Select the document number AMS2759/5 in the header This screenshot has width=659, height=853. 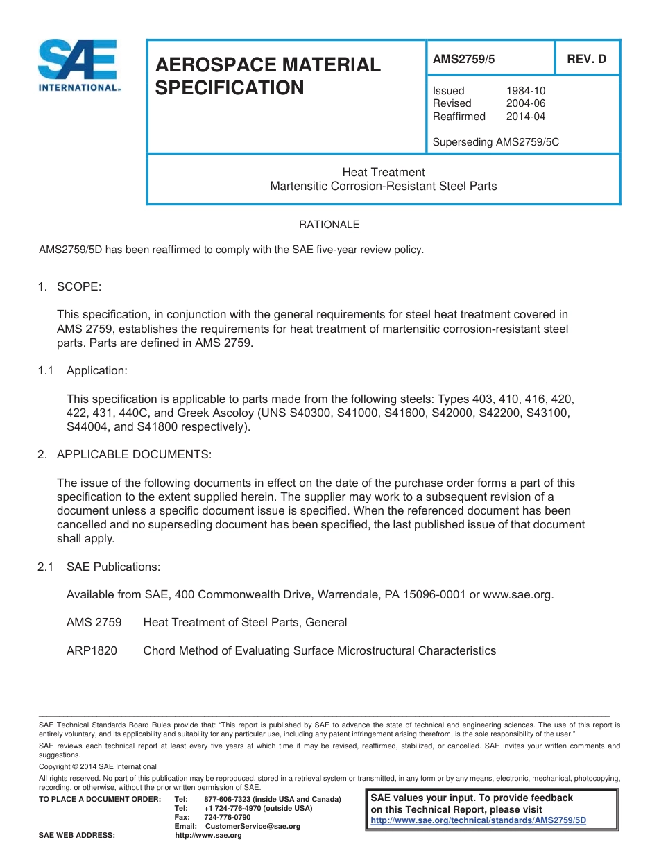(x=464, y=60)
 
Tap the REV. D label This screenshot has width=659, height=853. (x=586, y=60)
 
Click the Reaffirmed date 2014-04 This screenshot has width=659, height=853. (x=525, y=117)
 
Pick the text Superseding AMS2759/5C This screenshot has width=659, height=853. (x=495, y=142)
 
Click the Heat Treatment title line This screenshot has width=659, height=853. (x=383, y=172)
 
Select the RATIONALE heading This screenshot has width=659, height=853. (x=329, y=225)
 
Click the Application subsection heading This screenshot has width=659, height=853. (x=96, y=370)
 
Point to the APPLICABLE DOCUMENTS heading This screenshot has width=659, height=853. (x=133, y=454)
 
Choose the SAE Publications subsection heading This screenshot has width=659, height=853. (x=113, y=567)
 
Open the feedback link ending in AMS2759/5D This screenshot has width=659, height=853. (x=479, y=820)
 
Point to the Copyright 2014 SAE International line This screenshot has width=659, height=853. (x=98, y=766)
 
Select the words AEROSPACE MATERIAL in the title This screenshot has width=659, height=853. (x=268, y=64)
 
